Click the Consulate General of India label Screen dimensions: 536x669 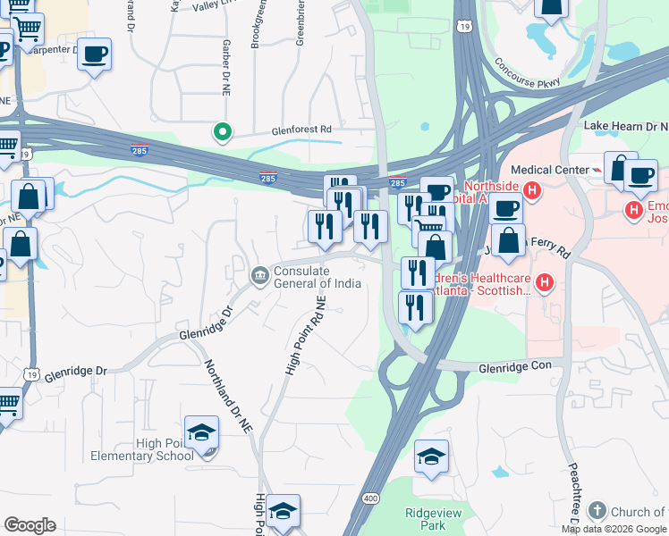(x=318, y=278)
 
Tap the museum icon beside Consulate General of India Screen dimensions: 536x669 (x=259, y=273)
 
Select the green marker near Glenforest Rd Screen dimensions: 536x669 (x=222, y=133)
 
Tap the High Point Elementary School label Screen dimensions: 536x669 (x=141, y=449)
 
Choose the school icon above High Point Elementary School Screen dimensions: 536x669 (x=202, y=432)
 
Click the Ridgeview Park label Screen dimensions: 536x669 (x=426, y=519)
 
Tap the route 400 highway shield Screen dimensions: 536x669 (x=370, y=497)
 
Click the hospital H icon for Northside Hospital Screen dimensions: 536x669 (x=532, y=190)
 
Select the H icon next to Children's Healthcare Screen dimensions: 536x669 (x=545, y=284)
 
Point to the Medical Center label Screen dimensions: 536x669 (x=548, y=170)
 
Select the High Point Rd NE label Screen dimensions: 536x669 (x=304, y=338)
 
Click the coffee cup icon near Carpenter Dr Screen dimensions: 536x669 (x=94, y=54)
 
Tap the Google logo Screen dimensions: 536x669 (x=30, y=525)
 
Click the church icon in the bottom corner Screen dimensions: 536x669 (x=597, y=512)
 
